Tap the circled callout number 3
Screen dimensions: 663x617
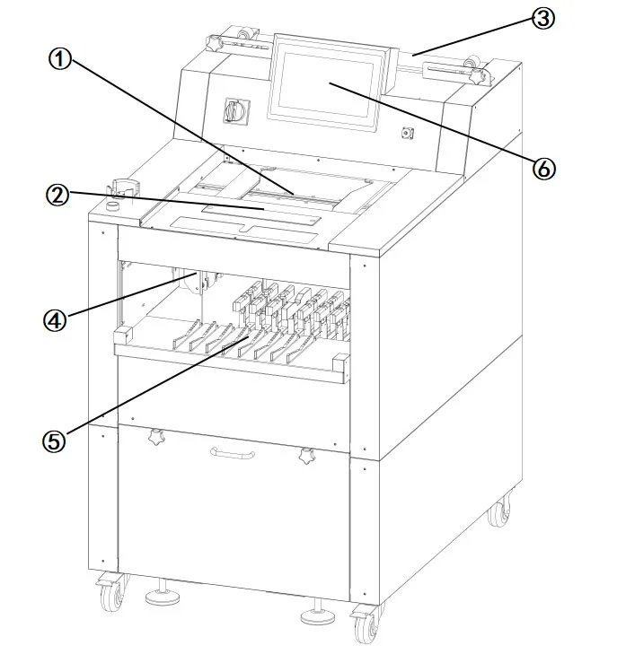point(542,19)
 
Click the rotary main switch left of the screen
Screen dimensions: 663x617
point(238,110)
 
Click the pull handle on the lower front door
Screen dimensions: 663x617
point(233,453)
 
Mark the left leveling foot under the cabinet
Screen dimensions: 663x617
point(161,593)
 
